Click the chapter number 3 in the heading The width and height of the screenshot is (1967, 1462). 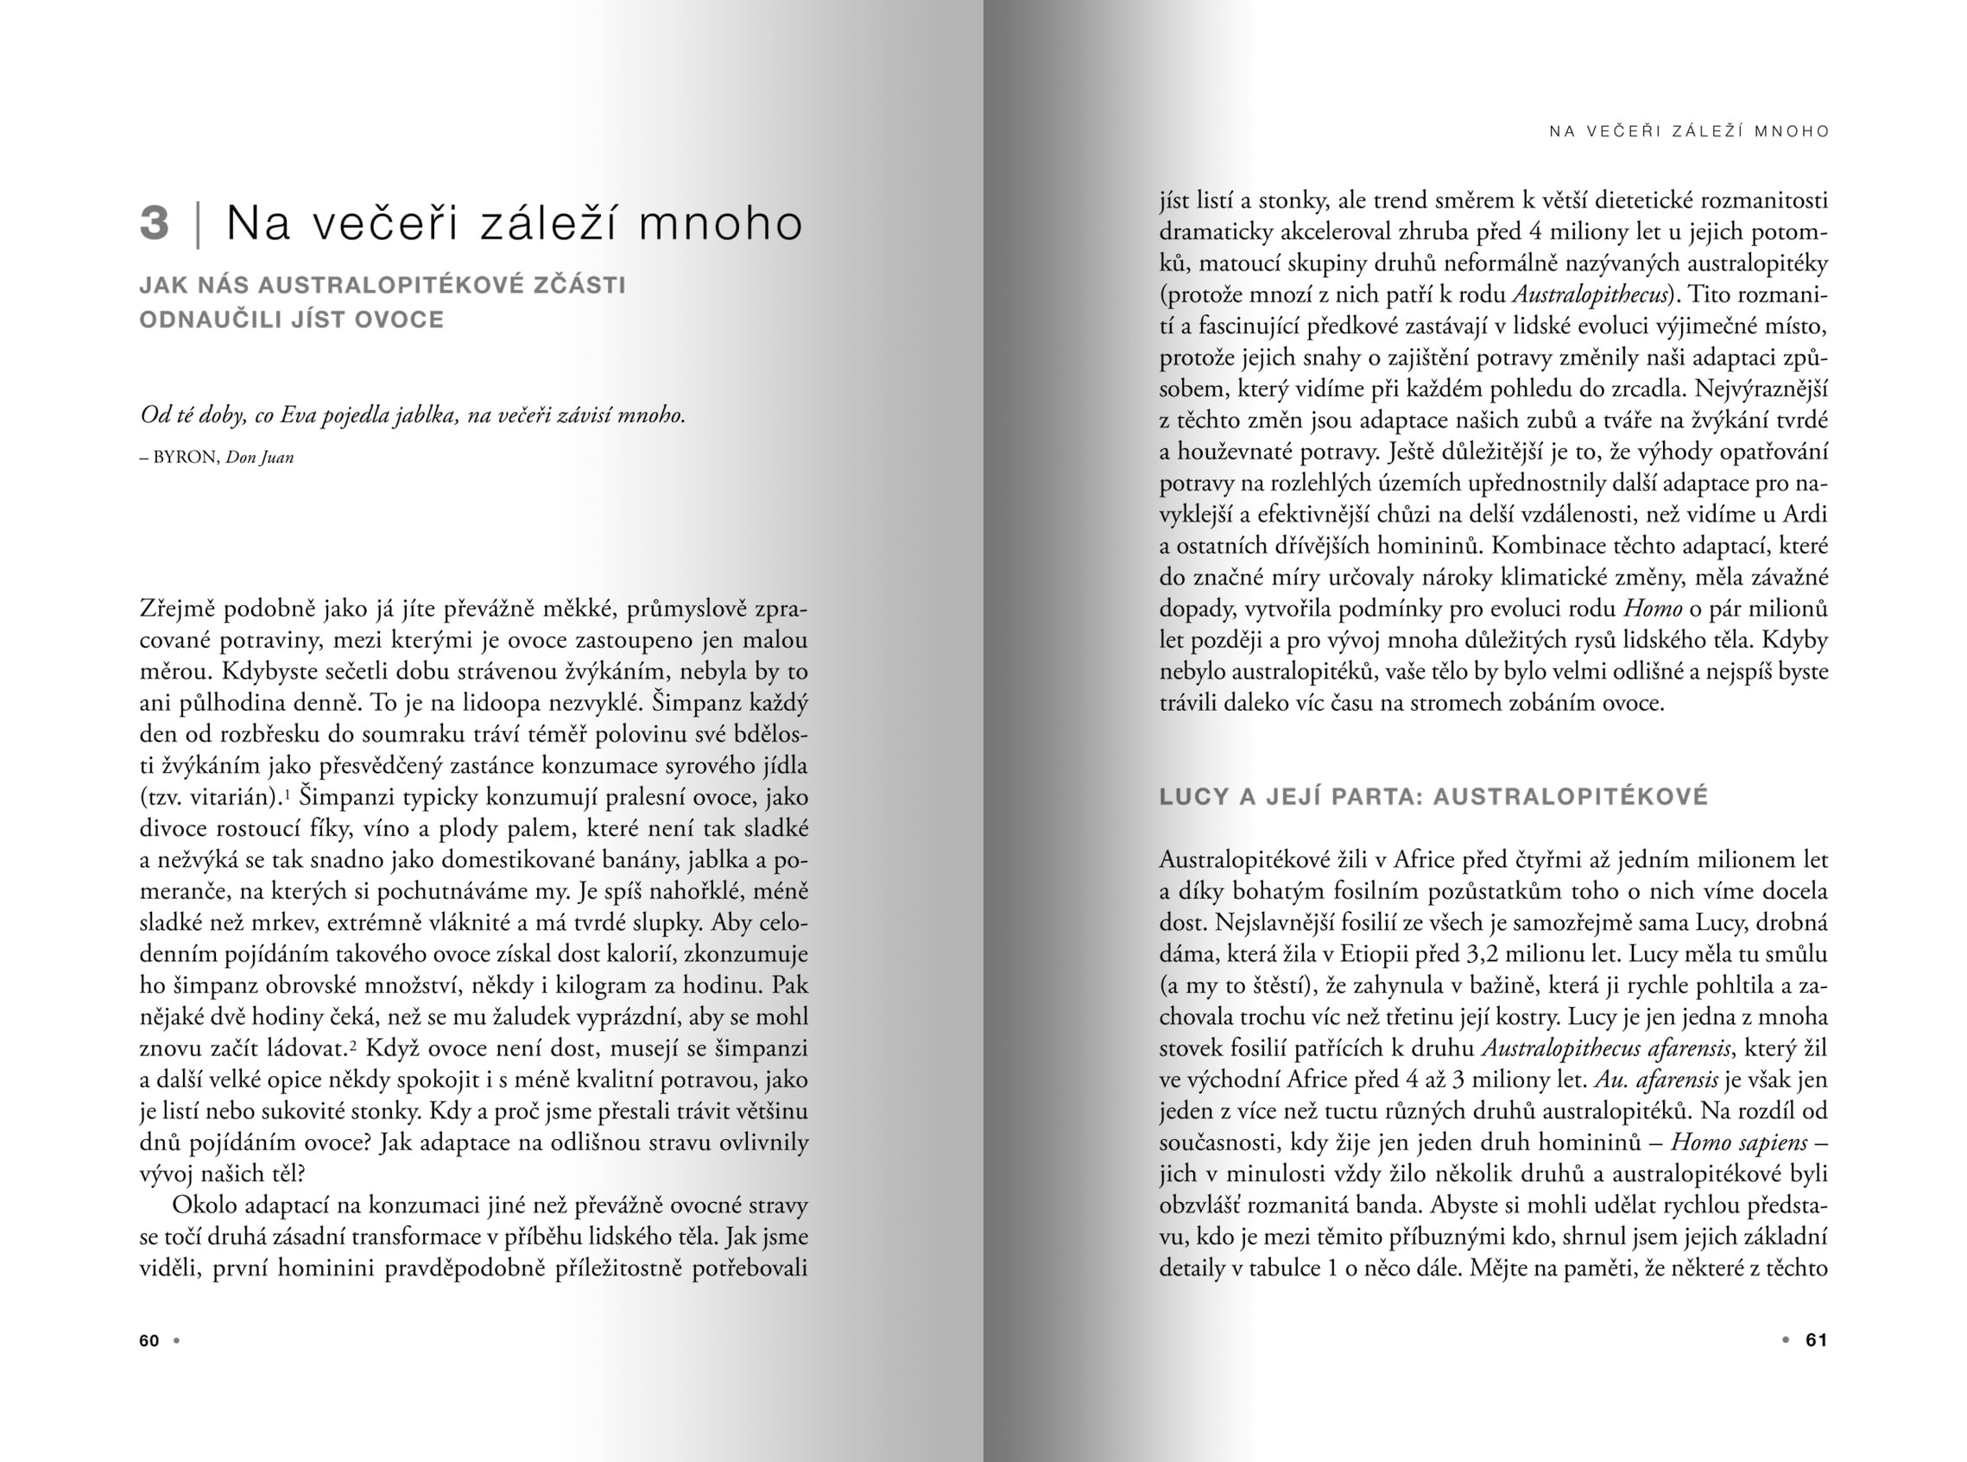point(154,222)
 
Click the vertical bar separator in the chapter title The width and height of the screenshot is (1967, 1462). point(198,224)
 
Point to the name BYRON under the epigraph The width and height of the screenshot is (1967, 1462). point(185,458)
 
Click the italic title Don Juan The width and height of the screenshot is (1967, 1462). point(259,458)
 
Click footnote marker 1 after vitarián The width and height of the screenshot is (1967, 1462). point(288,793)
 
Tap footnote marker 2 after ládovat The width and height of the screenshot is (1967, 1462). point(351,1044)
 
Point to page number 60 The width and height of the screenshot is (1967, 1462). point(149,1341)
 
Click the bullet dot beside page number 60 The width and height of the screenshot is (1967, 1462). point(177,1340)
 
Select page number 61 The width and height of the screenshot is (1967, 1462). point(1816,1340)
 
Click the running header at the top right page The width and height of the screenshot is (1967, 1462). point(1688,132)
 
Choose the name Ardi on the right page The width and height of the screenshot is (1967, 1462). point(1805,515)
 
